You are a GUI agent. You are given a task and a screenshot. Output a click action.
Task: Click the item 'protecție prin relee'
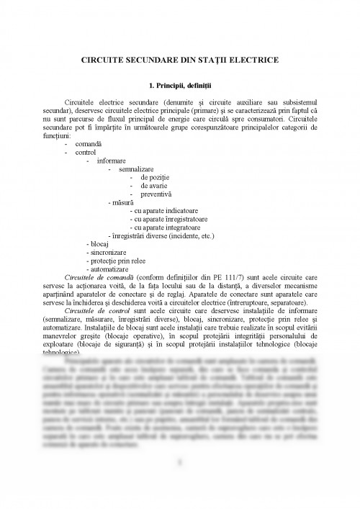click(114, 261)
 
